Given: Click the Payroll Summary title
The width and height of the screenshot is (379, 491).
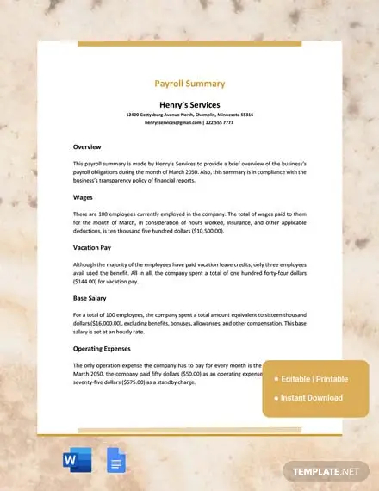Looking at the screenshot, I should click(x=189, y=84).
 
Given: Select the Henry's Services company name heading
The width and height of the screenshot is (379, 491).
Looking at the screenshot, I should click(x=189, y=103).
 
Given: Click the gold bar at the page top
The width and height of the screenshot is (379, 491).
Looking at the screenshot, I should click(x=189, y=43).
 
